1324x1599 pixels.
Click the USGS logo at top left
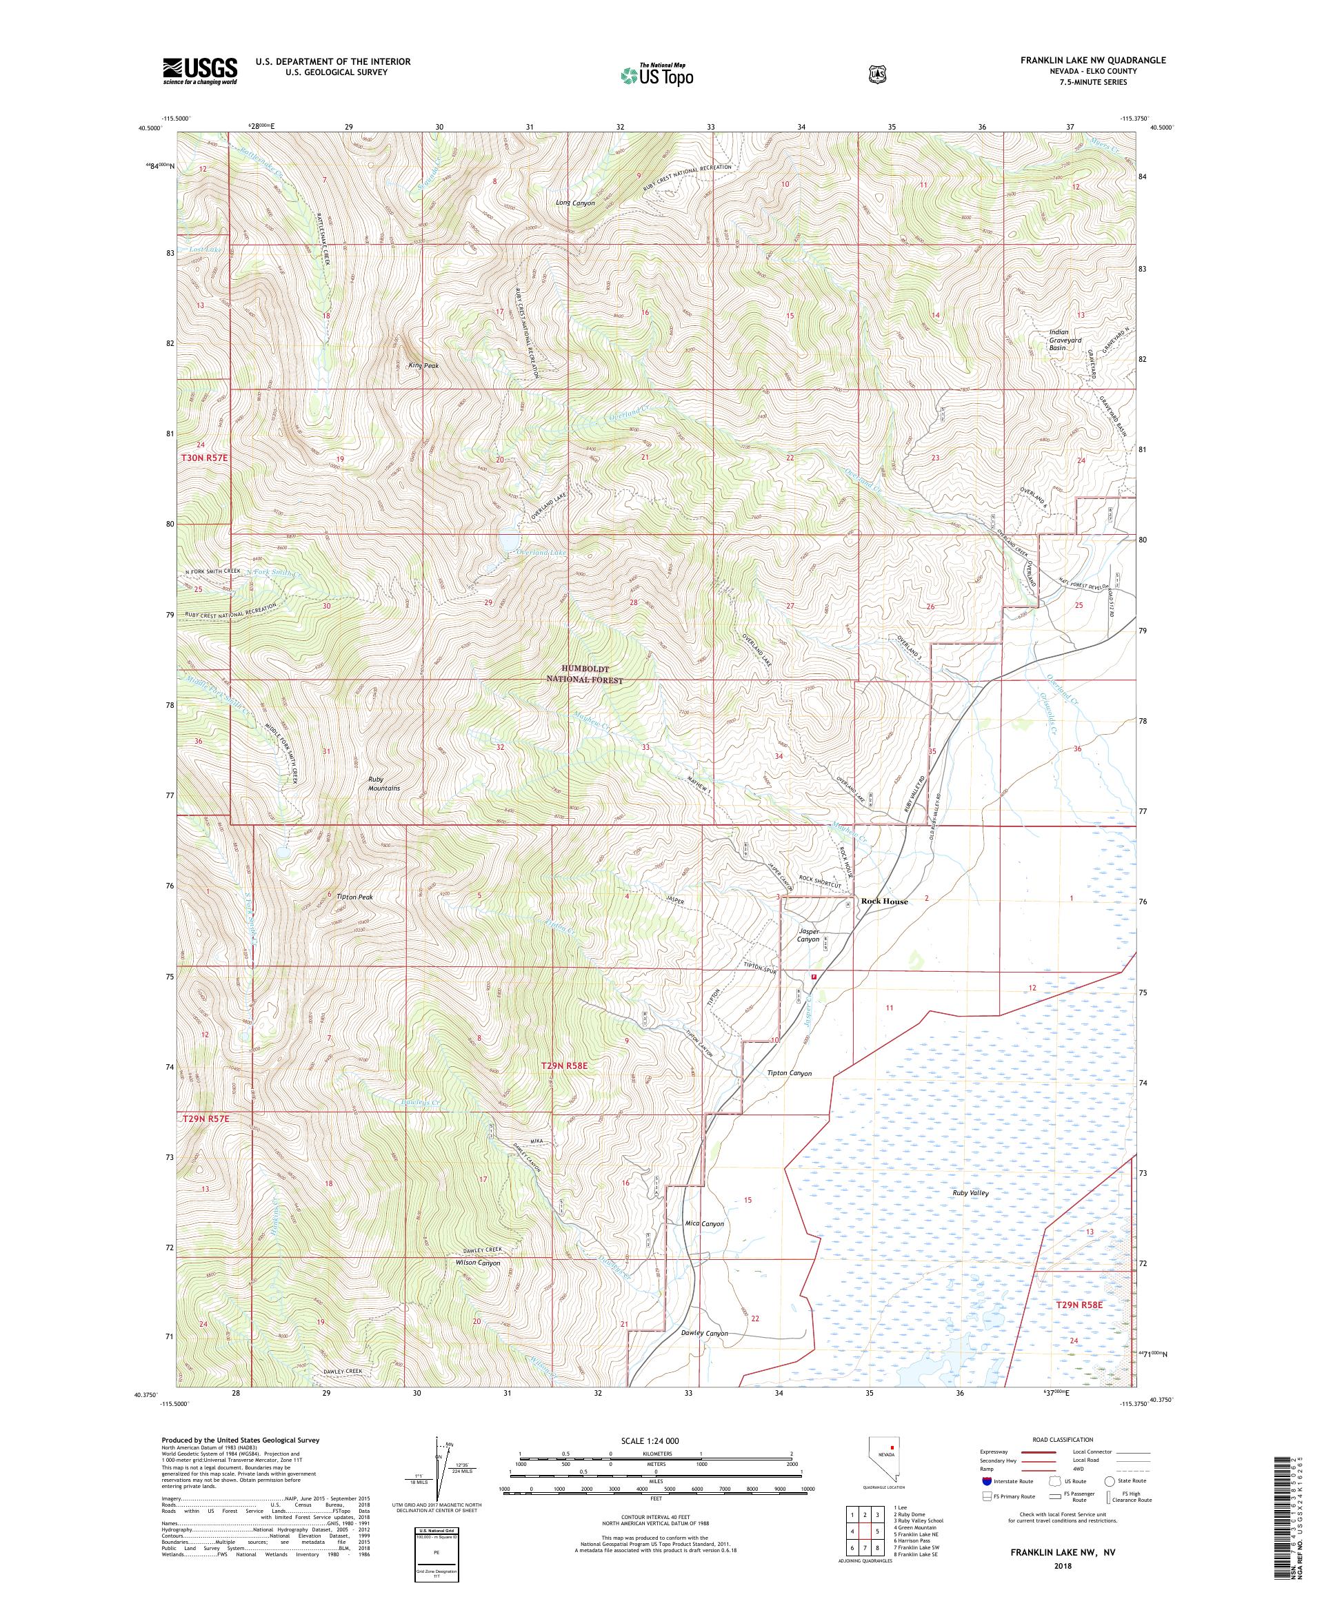pyautogui.click(x=199, y=72)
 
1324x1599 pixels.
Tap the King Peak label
pyautogui.click(x=423, y=365)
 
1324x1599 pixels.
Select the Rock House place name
pyautogui.click(x=883, y=901)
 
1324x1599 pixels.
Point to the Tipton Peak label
pyautogui.click(x=354, y=897)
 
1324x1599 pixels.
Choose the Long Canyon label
pyautogui.click(x=575, y=203)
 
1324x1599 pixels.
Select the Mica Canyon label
pyautogui.click(x=704, y=1245)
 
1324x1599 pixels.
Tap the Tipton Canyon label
pyautogui.click(x=788, y=1073)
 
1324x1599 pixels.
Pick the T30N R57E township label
pyautogui.click(x=204, y=458)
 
